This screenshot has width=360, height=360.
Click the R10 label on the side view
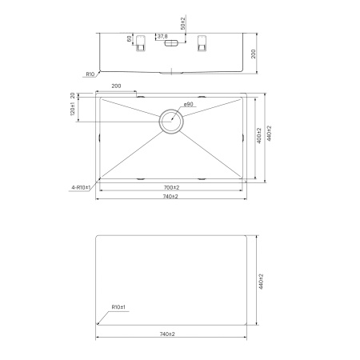point(90,74)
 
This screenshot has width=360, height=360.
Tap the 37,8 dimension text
point(162,36)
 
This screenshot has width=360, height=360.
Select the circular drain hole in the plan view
point(171,122)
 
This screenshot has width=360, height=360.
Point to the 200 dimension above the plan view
point(116,85)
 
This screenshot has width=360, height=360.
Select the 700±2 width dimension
point(171,186)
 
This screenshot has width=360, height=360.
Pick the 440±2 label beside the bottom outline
point(261,280)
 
